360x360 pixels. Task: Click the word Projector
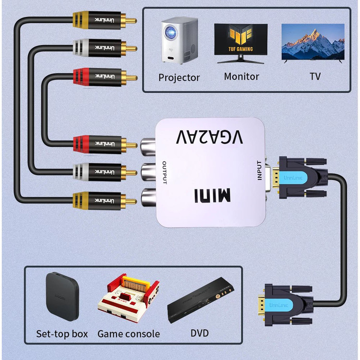tap(179, 77)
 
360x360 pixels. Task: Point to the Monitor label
tap(241, 76)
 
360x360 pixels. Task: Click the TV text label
tap(315, 76)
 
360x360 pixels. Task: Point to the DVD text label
tap(200, 333)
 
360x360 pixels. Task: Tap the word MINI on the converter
tap(212, 195)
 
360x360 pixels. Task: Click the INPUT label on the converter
tap(260, 170)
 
